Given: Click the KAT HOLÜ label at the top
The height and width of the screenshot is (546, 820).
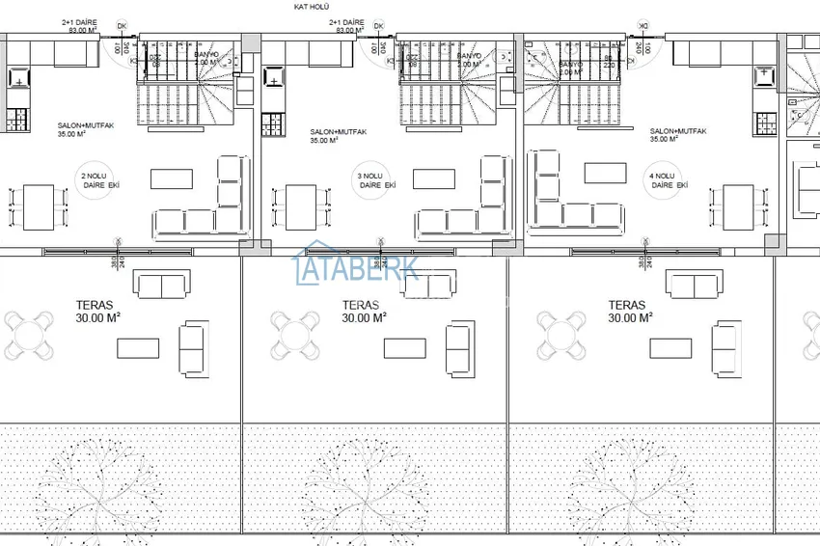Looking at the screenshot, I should point(313,6).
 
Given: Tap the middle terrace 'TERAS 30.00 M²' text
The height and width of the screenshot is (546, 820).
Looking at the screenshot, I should point(364,311).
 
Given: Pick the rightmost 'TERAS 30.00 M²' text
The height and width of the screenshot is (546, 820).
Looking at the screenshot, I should point(630,311).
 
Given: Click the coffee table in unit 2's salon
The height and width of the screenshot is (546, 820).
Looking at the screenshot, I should point(172,178).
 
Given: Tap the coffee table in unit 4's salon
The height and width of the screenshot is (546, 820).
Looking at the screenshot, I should point(606,173).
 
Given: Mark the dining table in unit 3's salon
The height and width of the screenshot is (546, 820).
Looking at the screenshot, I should point(302,207).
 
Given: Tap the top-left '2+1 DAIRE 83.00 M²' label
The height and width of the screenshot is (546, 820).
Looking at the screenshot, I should point(81,26).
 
